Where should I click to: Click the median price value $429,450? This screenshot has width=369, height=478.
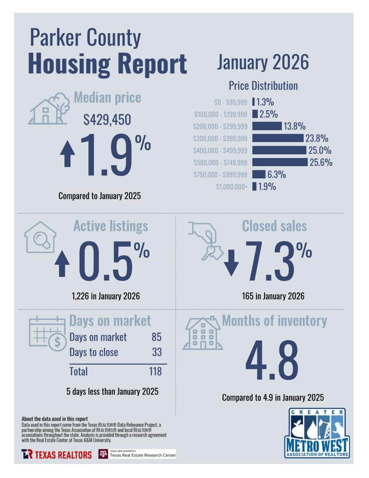107,119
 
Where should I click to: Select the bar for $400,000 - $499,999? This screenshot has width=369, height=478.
279,150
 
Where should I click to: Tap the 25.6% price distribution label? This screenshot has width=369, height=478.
321,162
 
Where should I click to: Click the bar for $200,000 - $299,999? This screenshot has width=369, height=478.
267,126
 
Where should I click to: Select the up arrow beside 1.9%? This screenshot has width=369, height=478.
68,153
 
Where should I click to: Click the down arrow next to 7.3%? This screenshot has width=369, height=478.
231,263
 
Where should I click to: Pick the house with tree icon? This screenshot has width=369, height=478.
49,109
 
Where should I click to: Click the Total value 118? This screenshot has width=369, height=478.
155,371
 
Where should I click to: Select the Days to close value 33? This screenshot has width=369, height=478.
156,352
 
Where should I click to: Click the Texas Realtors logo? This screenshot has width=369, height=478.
57,454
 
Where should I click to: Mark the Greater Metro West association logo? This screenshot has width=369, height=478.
317,432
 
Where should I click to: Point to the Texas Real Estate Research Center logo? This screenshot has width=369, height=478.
137,454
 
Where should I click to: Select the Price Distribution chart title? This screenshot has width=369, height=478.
263,86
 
